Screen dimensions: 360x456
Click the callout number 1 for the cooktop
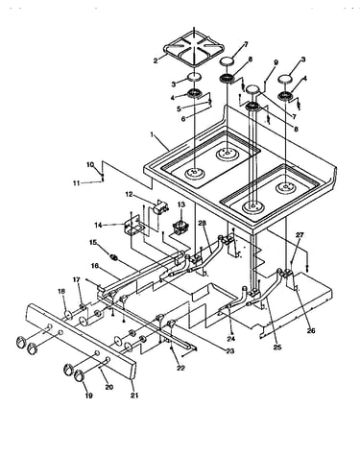click(152, 134)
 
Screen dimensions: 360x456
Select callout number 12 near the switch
click(129, 194)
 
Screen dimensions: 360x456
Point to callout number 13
click(181, 204)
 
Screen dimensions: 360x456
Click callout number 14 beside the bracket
click(99, 226)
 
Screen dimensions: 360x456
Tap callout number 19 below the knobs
click(88, 396)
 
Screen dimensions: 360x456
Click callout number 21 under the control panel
click(134, 396)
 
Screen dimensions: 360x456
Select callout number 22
click(180, 369)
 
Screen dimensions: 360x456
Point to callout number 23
click(230, 351)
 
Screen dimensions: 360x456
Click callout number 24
click(231, 339)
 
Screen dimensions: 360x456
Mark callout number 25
click(277, 348)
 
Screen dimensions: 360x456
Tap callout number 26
click(311, 330)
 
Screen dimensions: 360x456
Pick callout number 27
click(300, 235)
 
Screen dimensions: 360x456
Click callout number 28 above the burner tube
click(202, 223)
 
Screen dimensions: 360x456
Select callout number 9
click(276, 62)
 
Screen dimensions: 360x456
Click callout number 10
click(90, 165)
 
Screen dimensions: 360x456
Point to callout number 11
click(76, 183)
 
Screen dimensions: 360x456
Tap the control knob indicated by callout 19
click(79, 375)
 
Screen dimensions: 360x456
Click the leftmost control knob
click(21, 342)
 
